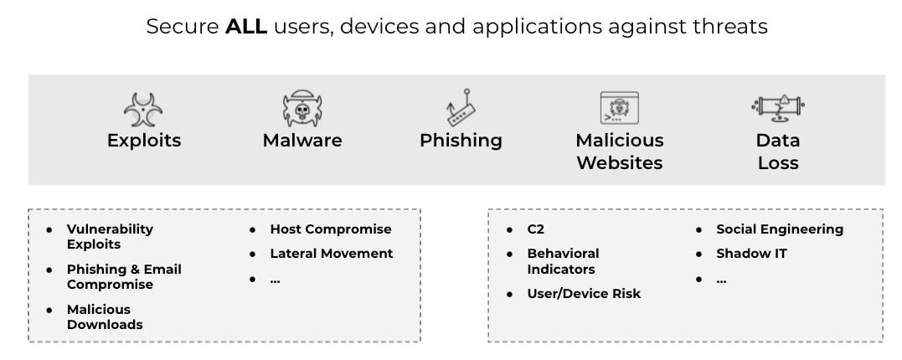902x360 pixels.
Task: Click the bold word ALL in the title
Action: coord(246,27)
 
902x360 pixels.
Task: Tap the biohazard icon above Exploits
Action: coord(143,110)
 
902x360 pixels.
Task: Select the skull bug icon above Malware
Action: coord(302,109)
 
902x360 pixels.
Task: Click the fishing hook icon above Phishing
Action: coord(461,108)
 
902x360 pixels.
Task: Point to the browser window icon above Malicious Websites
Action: coord(619,109)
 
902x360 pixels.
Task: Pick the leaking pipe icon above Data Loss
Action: coord(778,108)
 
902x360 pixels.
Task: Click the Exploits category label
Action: coord(144,141)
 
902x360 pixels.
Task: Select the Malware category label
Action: coord(302,141)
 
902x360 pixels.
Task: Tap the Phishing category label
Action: coord(461,141)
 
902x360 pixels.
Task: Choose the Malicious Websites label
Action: coord(619,152)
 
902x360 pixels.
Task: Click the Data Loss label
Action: coord(778,152)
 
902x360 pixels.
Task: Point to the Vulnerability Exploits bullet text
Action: coord(110,237)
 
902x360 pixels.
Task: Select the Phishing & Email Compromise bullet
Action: coord(124,277)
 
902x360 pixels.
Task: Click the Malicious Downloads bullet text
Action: coord(105,317)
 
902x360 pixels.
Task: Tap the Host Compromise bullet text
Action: coord(330,229)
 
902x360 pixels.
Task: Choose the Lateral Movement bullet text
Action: coord(331,254)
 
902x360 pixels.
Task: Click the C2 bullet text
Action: coord(535,229)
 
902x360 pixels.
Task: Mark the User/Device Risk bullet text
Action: coord(583,294)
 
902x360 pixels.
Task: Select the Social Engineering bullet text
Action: coord(779,229)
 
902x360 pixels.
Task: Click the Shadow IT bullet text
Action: coord(751,254)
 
